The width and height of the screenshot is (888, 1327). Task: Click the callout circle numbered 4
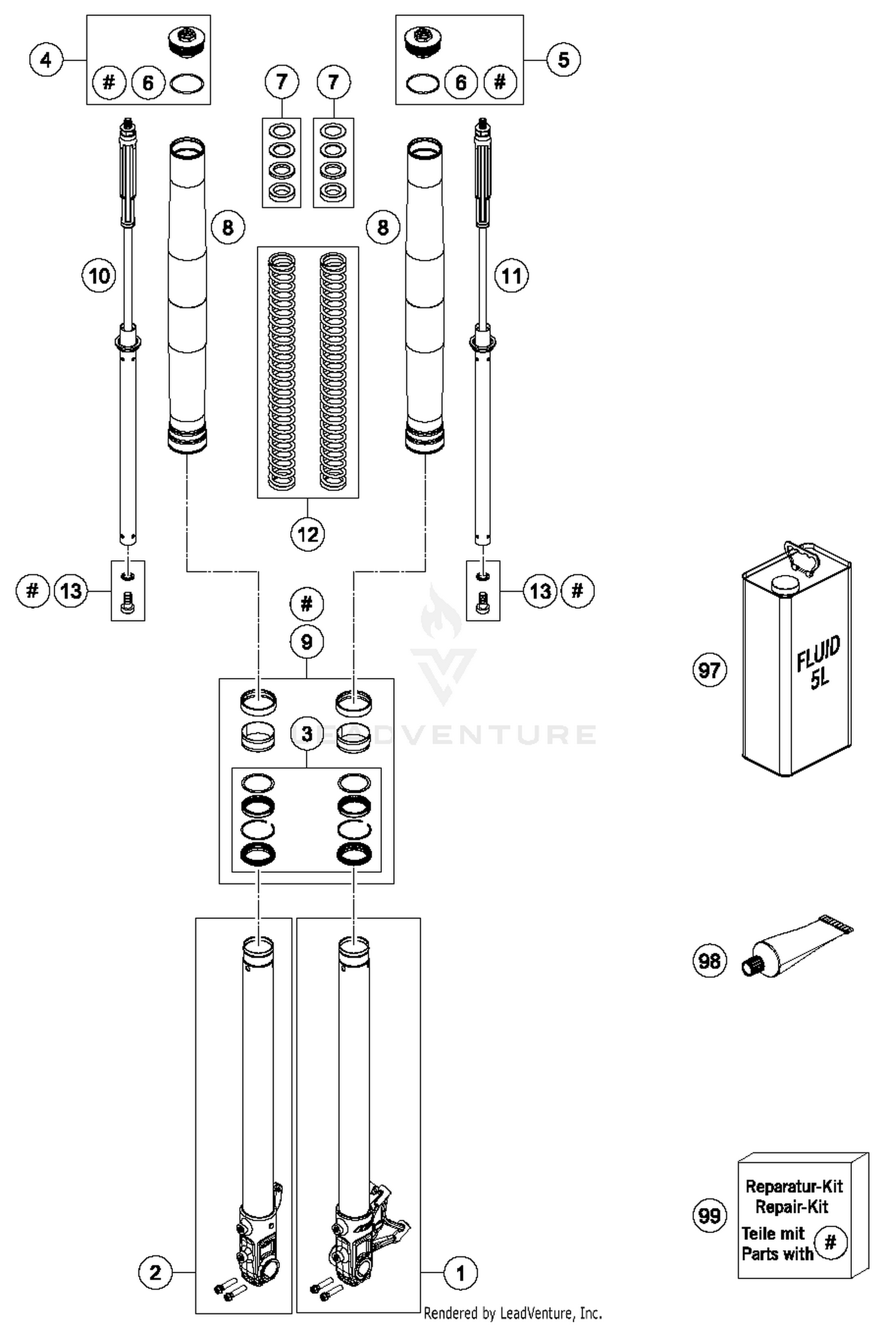[46, 60]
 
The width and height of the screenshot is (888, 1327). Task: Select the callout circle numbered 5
[563, 60]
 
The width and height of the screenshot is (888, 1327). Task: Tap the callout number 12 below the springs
[307, 534]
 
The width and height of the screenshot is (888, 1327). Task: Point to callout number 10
[99, 276]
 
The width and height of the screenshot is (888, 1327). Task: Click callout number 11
[511, 276]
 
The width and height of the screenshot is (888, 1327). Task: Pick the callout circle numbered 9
[307, 642]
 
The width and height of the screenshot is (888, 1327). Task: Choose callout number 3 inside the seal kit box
[307, 734]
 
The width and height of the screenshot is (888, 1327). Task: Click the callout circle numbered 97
[709, 670]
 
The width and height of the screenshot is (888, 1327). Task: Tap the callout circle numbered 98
[709, 960]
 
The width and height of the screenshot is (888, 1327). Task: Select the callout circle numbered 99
[709, 1216]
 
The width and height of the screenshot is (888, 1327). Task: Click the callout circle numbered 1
[461, 1273]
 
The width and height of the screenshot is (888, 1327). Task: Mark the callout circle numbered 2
[155, 1273]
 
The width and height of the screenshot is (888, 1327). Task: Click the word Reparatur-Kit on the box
[794, 1186]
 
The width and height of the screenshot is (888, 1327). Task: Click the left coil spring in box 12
[281, 371]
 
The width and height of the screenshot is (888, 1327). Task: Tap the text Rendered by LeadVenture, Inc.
[513, 1313]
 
